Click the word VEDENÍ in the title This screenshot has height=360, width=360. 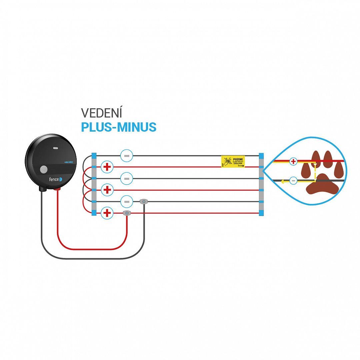point(102,113)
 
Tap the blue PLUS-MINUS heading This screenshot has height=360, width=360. point(119,127)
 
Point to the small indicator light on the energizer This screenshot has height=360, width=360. point(55,147)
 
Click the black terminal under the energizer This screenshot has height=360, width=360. point(43,189)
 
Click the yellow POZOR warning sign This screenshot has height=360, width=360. point(233,161)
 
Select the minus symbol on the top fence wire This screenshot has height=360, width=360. point(127,156)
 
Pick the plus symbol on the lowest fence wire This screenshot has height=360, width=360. point(107,213)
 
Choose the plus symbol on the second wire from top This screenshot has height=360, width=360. point(107,167)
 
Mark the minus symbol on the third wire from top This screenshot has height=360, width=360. point(127,178)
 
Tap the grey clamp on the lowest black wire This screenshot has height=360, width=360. point(144,201)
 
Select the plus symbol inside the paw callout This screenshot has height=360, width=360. point(293,162)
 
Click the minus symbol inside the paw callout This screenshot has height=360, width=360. point(293,181)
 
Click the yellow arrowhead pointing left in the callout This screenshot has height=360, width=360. point(282,182)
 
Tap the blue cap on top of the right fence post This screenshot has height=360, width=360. point(261,156)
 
